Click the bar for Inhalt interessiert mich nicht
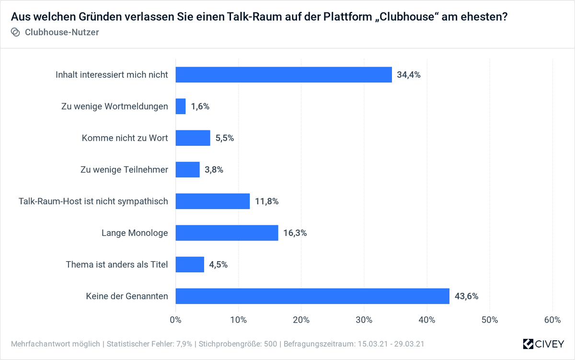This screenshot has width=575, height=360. click(x=284, y=75)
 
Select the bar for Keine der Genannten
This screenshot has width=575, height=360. click(x=312, y=296)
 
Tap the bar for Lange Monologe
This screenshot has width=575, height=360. click(x=227, y=233)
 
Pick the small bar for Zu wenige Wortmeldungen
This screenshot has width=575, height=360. click(x=181, y=106)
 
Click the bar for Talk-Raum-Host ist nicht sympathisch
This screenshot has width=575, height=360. click(x=213, y=201)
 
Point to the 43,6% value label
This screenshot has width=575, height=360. click(x=466, y=296)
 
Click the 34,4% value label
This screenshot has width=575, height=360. click(x=409, y=75)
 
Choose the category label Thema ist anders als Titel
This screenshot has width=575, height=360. click(x=116, y=265)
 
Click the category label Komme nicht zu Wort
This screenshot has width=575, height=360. click(x=125, y=138)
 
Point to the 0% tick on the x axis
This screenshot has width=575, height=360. click(x=176, y=320)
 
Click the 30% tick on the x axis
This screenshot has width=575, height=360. click(x=364, y=320)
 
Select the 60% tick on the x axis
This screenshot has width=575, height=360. click(x=552, y=320)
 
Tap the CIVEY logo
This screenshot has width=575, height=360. click(x=544, y=344)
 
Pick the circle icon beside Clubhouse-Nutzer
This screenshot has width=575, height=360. click(x=15, y=32)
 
